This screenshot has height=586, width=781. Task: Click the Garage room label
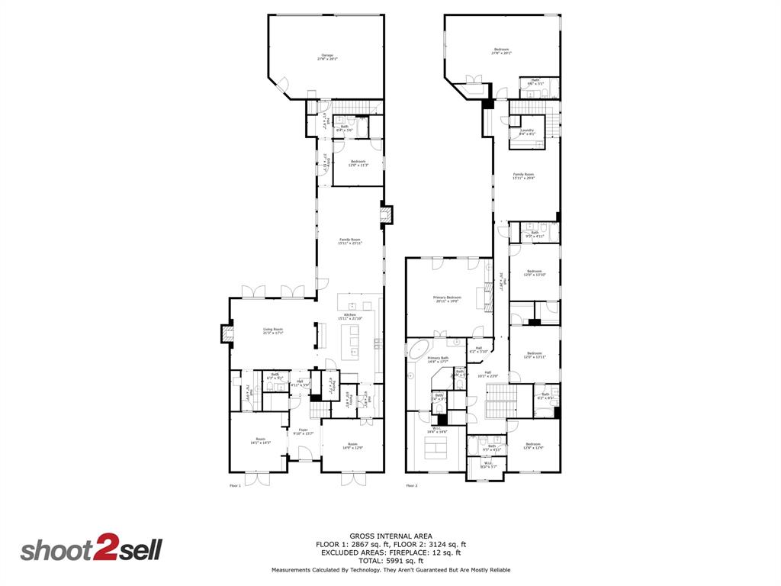click(x=327, y=57)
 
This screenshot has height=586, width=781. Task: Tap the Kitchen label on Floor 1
click(x=350, y=316)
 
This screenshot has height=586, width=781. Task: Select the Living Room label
click(x=273, y=331)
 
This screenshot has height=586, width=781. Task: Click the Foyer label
click(x=303, y=431)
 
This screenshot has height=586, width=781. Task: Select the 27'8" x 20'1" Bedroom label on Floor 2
click(x=501, y=51)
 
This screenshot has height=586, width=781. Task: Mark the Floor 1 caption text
click(x=235, y=485)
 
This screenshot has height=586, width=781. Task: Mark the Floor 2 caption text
click(x=412, y=485)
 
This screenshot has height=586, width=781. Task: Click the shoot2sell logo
click(x=91, y=550)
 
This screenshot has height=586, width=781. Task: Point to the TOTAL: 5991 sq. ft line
click(x=391, y=560)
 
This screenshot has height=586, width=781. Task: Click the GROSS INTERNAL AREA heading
click(x=391, y=536)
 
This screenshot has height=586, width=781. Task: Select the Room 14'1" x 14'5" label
click(x=261, y=440)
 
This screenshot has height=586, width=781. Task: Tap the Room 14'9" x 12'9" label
click(x=352, y=446)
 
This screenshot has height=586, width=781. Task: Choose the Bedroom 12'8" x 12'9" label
click(x=532, y=446)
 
